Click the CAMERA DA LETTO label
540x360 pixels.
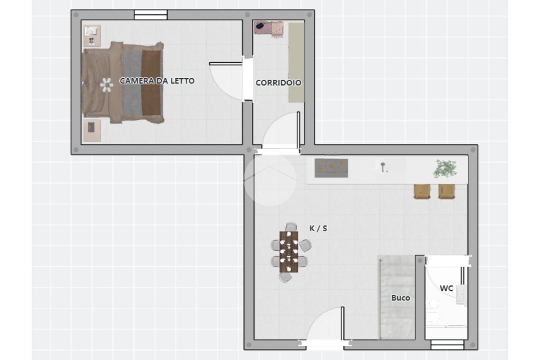pyautogui.click(x=157, y=81)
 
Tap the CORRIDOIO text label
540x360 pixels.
pyautogui.click(x=278, y=83)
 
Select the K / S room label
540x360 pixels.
pyautogui.click(x=318, y=228)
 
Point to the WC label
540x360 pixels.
pyautogui.click(x=446, y=288)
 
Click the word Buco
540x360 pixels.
pyautogui.click(x=401, y=298)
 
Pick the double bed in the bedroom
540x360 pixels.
pyautogui.click(x=122, y=83)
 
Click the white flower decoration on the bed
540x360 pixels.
pyautogui.click(x=107, y=85)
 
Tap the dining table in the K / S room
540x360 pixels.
pyautogui.click(x=288, y=251)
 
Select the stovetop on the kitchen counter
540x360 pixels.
pyautogui.click(x=331, y=168)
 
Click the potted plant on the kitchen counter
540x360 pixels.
pyautogui.click(x=445, y=169)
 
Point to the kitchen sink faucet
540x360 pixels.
pyautogui.click(x=383, y=167)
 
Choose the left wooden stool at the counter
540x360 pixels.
pyautogui.click(x=422, y=192)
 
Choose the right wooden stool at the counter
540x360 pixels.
pyautogui.click(x=447, y=192)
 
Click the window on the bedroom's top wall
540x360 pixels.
pyautogui.click(x=150, y=15)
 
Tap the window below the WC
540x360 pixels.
pyautogui.click(x=447, y=345)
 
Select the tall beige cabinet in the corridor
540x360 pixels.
pyautogui.click(x=296, y=62)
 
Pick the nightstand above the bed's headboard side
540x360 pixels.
pyautogui.click(x=92, y=36)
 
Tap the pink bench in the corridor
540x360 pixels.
pyautogui.click(x=269, y=28)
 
